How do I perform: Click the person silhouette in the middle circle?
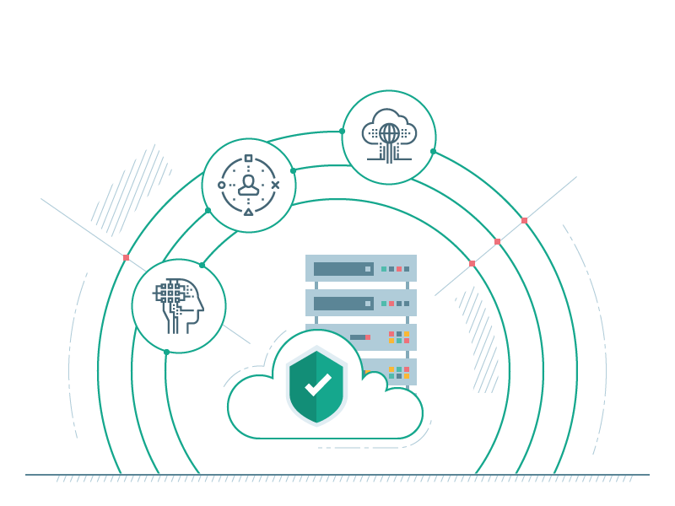coord(248,185)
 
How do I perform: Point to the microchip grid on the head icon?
coord(170,293)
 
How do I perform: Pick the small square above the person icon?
coord(248,158)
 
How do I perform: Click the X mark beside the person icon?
coord(275,185)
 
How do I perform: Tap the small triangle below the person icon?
coord(248,212)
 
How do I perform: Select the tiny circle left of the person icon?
coord(222,185)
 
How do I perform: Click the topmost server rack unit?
coord(361,268)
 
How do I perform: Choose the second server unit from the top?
coord(361,303)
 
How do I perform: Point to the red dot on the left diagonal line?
coord(127,257)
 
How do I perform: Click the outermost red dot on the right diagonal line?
coord(524,221)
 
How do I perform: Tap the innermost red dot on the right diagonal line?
coord(472,263)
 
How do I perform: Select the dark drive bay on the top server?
coord(343,269)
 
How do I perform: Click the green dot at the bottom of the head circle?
coord(166,352)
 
